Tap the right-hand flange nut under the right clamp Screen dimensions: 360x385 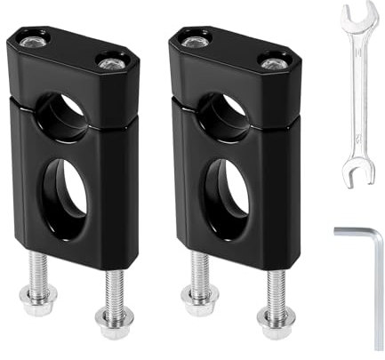[274, 321]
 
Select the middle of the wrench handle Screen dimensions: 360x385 [357, 93]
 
